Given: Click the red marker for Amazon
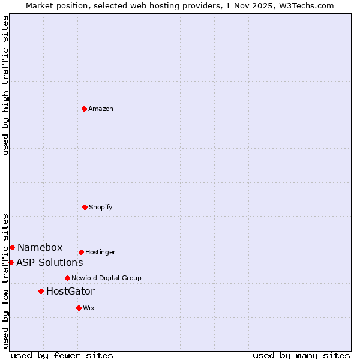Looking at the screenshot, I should click(x=84, y=109).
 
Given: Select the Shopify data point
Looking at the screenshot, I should click(x=85, y=207).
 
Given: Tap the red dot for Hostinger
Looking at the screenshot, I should click(x=81, y=252).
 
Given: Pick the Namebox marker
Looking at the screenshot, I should click(x=12, y=247).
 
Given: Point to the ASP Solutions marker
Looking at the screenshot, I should click(x=11, y=262).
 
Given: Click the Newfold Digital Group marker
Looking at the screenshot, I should click(x=67, y=278).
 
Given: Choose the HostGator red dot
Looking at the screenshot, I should click(x=41, y=291).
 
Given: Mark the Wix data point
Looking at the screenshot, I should click(x=79, y=308).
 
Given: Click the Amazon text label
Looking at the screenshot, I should click(x=101, y=109).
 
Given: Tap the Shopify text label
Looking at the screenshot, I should click(x=101, y=207).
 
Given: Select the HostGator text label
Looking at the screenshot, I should click(x=70, y=292).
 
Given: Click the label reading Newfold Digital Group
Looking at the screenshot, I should click(x=106, y=278).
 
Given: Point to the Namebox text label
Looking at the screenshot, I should click(x=40, y=248).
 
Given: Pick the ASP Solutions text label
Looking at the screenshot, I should click(x=49, y=263).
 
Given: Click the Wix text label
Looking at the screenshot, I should click(x=89, y=308).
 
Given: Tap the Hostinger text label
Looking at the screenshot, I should click(x=100, y=252).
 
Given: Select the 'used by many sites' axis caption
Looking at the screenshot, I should click(x=301, y=355).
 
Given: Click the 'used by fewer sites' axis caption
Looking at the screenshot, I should click(x=62, y=355).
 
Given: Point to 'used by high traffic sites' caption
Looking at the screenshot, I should click(x=5, y=85).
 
